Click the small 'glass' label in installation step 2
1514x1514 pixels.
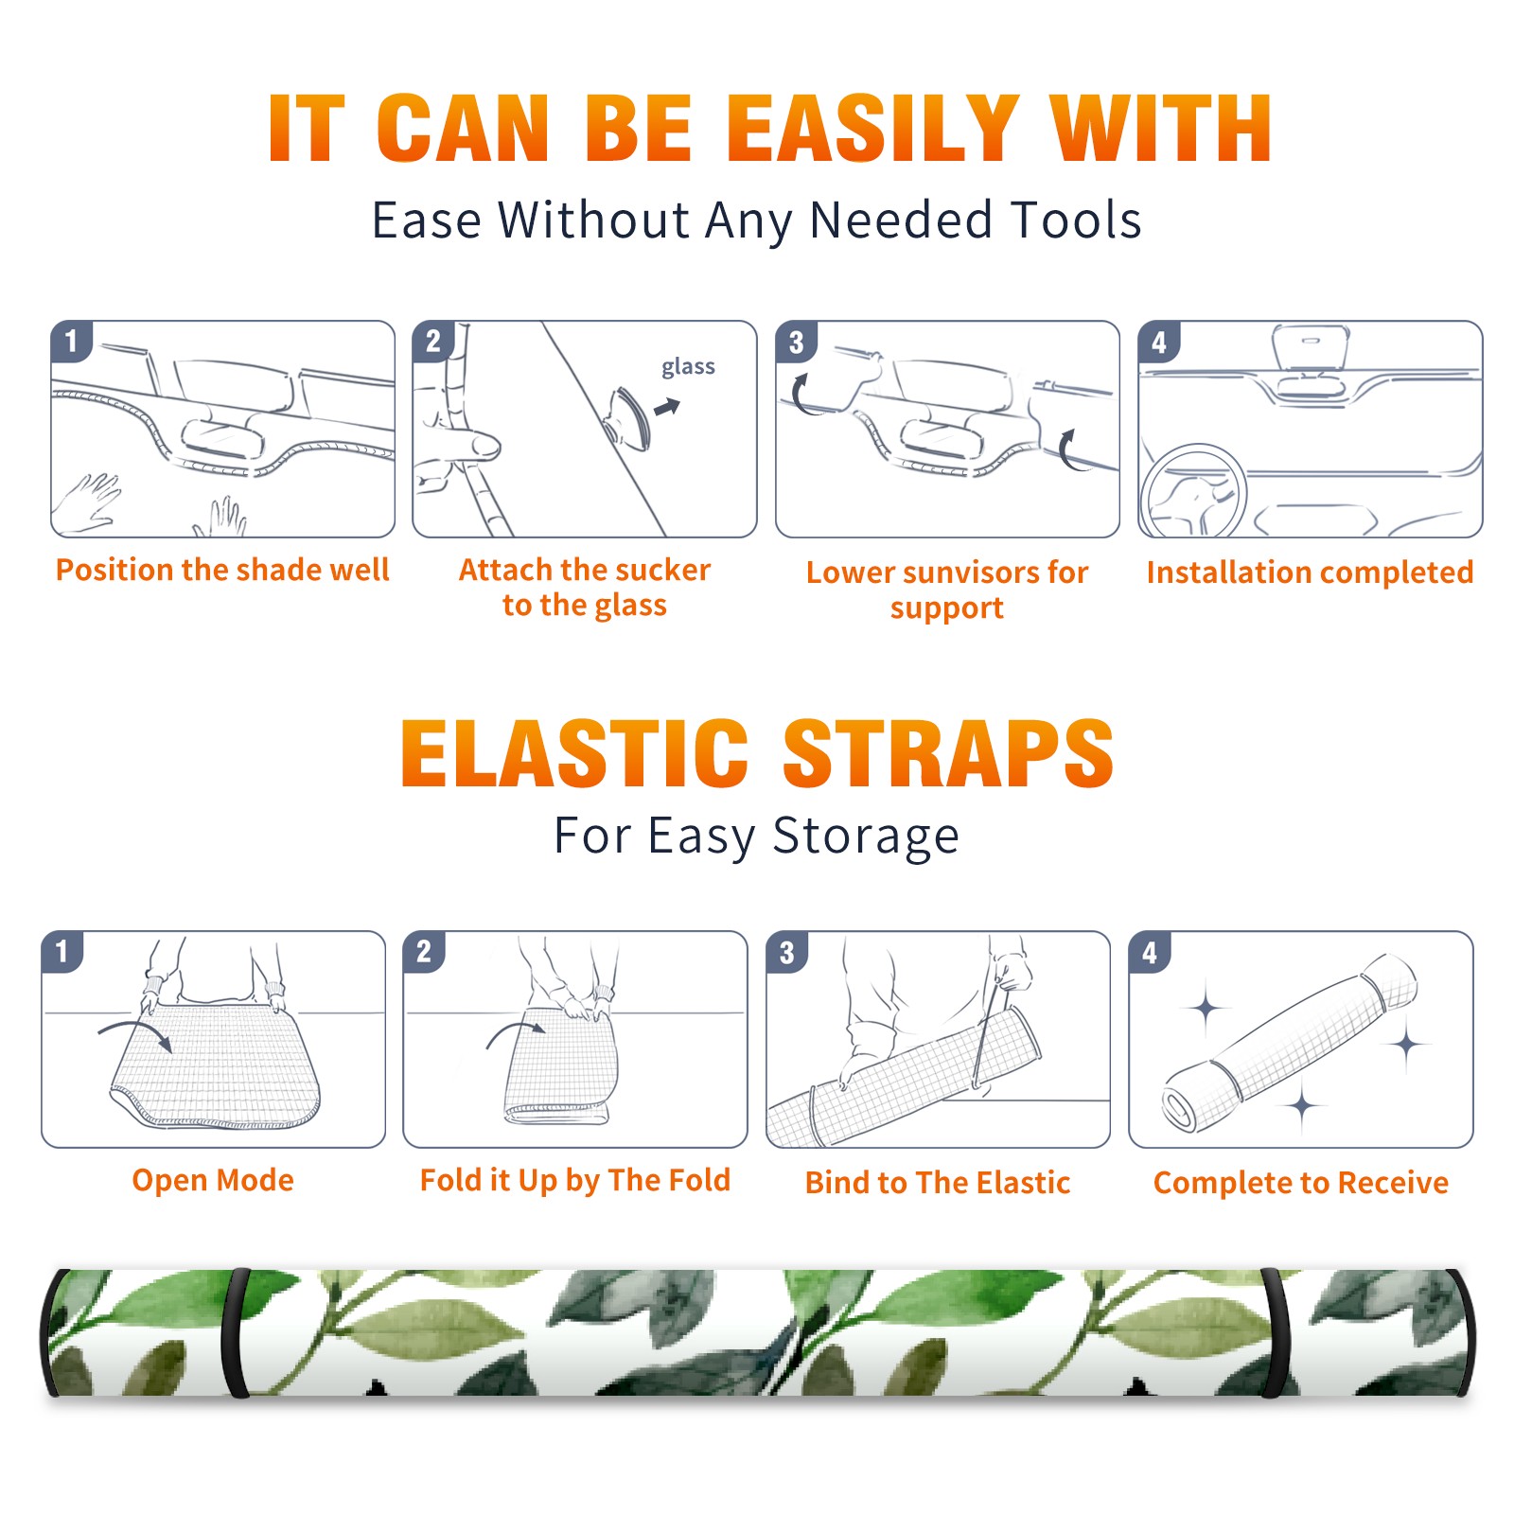688,367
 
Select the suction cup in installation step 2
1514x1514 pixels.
628,417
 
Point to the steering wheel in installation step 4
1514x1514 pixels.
1193,491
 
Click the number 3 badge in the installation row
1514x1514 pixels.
796,342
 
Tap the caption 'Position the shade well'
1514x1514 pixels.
222,570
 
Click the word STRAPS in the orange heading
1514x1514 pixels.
948,753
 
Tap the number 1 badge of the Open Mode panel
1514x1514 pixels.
62,952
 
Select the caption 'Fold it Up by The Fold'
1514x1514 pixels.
574,1180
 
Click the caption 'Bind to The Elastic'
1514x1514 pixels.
937,1183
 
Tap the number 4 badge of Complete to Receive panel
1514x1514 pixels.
1150,952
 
